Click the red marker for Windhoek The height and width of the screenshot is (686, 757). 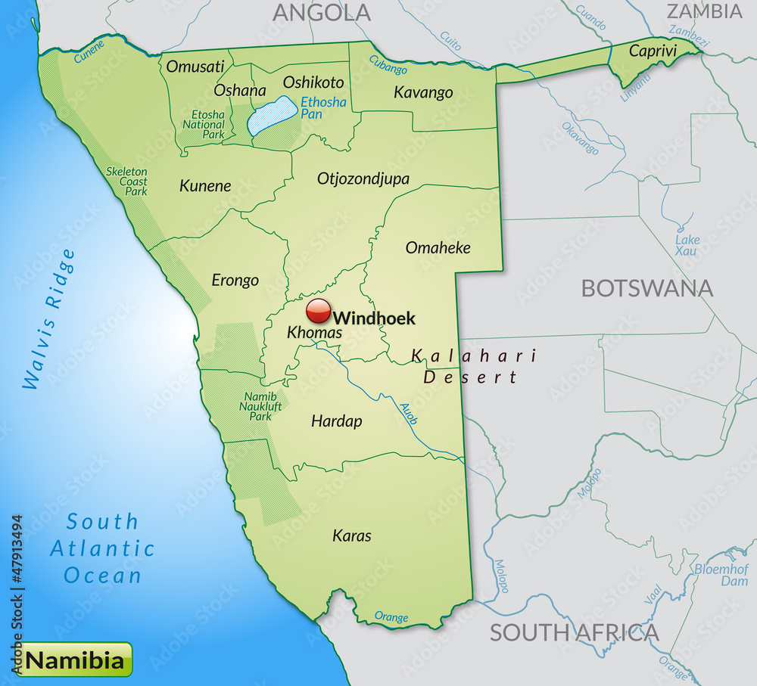319,311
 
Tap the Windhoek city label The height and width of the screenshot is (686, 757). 374,318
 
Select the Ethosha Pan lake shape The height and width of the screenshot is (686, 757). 272,116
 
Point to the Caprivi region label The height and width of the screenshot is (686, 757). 652,52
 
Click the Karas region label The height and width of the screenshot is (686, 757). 352,535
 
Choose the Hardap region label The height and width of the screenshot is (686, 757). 337,421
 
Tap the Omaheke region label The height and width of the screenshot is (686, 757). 438,247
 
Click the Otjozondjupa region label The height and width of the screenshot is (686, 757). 363,179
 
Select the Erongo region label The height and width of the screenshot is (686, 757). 235,281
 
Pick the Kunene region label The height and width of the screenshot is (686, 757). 205,186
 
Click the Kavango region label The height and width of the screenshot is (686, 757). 423,93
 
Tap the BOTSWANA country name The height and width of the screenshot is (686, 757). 646,288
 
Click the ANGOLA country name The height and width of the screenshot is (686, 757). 322,13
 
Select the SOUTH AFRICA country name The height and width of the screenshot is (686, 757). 574,632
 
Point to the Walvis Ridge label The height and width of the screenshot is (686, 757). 50,318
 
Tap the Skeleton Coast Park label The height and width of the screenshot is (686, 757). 126,182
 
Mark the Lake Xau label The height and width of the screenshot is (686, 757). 687,245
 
